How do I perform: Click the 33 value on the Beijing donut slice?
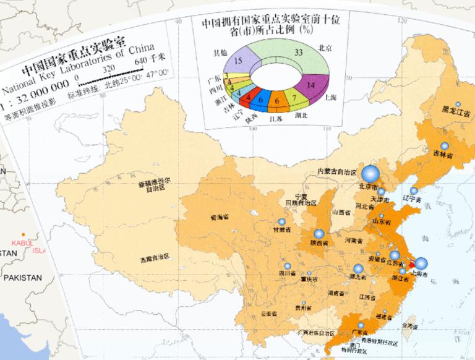pos(299,53)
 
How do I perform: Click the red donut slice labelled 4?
pos(248,96)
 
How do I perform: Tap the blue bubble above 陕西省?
pos(319,234)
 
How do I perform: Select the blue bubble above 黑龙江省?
pos(458,105)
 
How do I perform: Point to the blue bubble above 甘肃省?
pos(282,221)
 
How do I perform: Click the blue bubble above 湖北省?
pos(358,268)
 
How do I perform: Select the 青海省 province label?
pos(219,217)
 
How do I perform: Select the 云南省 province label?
pos(268,314)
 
